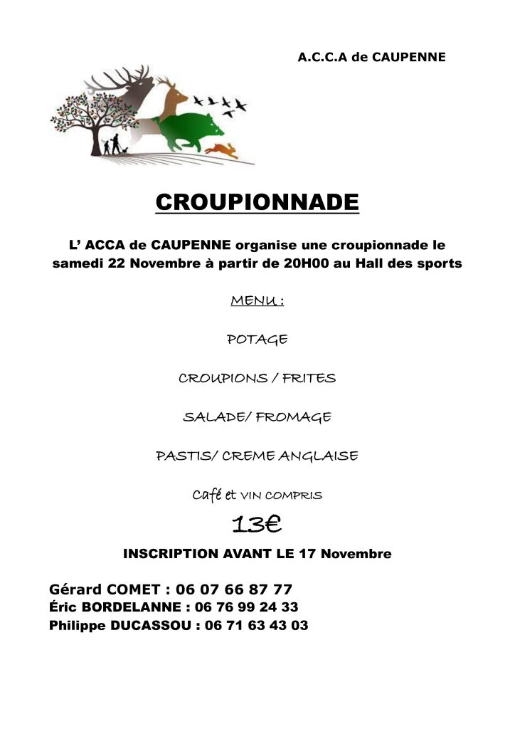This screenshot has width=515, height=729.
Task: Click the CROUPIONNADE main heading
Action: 257,202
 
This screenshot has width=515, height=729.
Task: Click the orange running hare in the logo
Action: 223,150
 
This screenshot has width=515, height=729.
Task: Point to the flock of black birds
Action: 226,104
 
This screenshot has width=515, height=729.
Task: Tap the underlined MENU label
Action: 257,301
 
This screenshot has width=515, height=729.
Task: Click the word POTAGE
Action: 257,340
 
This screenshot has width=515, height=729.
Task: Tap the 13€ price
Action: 257,525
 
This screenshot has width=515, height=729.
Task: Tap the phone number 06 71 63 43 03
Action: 256,626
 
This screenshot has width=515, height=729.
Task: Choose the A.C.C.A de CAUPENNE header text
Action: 371,57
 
